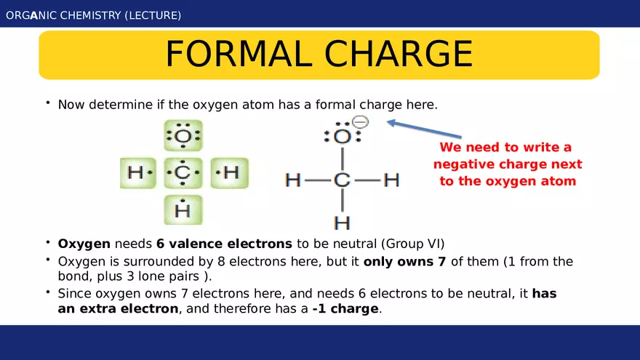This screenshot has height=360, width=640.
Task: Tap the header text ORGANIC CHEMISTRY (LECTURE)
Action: coord(94,15)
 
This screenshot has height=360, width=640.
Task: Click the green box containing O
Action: coord(183,136)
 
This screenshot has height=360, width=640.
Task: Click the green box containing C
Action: coord(183,173)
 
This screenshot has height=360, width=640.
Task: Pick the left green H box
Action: coord(138,173)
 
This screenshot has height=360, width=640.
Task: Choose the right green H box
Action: coord(229,173)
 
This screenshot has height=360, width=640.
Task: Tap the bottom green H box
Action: coord(183,210)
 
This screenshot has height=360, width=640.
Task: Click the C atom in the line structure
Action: coord(342,180)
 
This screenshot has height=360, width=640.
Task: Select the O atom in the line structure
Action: coord(343,136)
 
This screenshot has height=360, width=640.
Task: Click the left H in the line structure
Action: coord(293,180)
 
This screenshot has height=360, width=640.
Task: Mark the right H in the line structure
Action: coord(391,180)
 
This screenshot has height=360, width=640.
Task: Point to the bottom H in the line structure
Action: coord(342,222)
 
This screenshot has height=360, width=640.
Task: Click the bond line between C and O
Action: coord(342,158)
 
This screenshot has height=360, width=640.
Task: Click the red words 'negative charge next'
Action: coord(508,164)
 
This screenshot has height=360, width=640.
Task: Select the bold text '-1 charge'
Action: coord(345,308)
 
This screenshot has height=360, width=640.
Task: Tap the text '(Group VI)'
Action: coord(411,243)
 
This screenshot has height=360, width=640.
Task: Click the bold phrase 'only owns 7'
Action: coord(405,262)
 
